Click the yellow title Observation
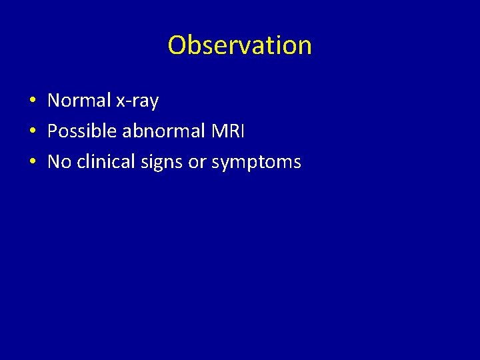239,45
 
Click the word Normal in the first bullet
79,101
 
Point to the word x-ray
137,101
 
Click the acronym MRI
228,131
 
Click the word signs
161,163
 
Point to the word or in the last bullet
197,163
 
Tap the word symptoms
256,163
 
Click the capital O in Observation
177,45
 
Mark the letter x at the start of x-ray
121,102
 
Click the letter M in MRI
217,131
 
